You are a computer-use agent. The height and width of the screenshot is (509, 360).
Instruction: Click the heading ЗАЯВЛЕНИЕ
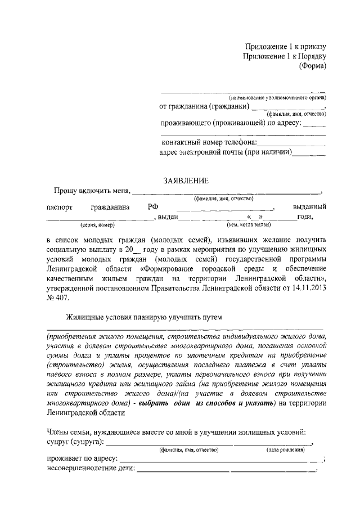(185, 181)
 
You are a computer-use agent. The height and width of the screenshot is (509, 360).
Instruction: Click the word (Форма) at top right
(313, 66)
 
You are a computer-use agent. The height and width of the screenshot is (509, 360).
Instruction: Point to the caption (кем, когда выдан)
(244, 224)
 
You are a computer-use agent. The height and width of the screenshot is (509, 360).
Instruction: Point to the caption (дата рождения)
(286, 451)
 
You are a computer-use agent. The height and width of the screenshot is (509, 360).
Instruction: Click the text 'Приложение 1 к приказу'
(285, 46)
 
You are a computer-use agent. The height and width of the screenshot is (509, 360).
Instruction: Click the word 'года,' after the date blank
(306, 217)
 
